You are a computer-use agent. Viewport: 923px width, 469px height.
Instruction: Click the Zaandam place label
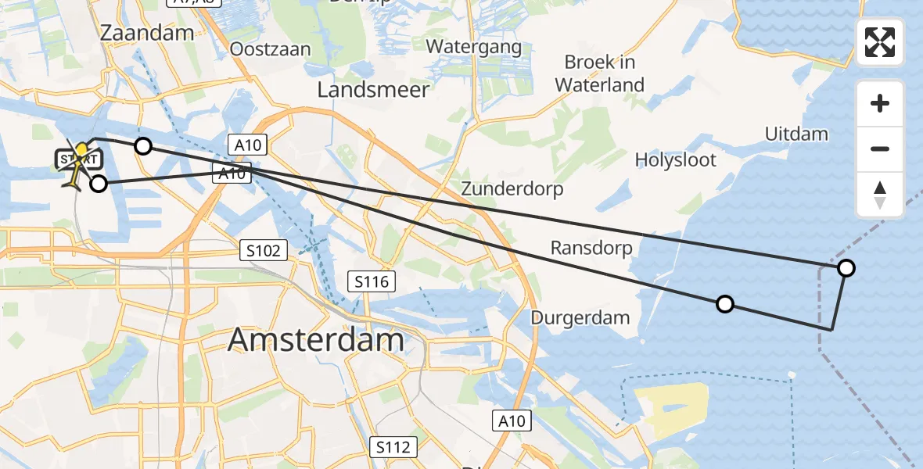tap(148, 33)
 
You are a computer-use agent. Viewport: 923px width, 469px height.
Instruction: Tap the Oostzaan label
tap(270, 49)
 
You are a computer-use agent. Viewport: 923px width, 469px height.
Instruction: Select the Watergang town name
tap(473, 47)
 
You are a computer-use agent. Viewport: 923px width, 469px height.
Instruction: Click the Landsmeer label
tap(373, 90)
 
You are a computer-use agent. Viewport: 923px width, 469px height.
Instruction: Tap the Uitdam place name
tap(796, 134)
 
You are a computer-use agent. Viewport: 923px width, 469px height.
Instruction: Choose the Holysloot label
tap(676, 160)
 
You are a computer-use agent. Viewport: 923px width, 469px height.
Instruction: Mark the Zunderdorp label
tap(512, 188)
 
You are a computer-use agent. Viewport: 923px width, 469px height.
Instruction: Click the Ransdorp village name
tap(591, 248)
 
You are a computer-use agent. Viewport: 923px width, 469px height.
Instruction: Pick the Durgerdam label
tap(580, 317)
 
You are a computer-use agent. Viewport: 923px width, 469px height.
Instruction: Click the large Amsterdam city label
tap(316, 340)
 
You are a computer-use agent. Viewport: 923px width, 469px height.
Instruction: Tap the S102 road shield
tap(263, 251)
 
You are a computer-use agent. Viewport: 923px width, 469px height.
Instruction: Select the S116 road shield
tap(372, 281)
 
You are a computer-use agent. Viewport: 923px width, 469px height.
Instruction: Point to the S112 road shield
tap(393, 447)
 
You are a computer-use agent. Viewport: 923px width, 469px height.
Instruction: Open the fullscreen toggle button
tap(880, 42)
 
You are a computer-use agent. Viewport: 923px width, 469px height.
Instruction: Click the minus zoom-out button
tap(880, 149)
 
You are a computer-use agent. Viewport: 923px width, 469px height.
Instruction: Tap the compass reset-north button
tap(880, 195)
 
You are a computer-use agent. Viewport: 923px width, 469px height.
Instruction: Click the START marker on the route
tap(78, 159)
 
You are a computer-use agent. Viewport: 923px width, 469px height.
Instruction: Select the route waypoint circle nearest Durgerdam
tap(725, 304)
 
